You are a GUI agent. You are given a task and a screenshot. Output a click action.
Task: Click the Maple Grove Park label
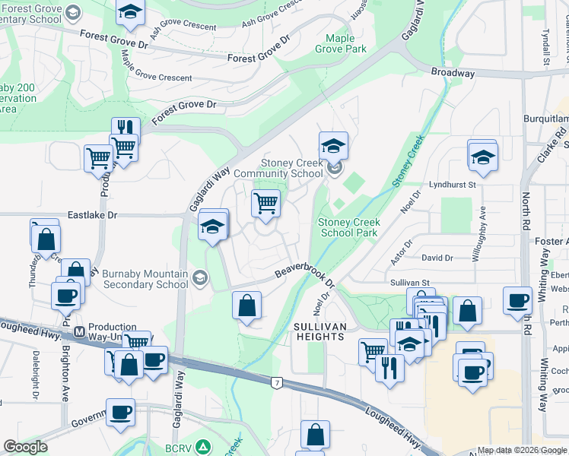[x=346, y=43]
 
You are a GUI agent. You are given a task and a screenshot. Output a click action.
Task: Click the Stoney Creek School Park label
[x=348, y=227]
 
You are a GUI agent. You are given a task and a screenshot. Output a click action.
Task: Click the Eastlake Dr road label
[x=91, y=215]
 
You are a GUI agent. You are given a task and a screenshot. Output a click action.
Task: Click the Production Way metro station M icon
[x=78, y=332]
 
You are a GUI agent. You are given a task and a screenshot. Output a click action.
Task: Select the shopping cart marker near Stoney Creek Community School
[x=265, y=203]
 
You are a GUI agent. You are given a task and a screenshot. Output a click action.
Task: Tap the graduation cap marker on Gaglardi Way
[x=213, y=225]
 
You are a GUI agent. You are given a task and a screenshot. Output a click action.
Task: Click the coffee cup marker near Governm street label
[x=120, y=412]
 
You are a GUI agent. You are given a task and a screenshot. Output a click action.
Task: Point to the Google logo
[x=25, y=447]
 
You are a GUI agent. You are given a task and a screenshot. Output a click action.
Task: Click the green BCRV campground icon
[x=202, y=446]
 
